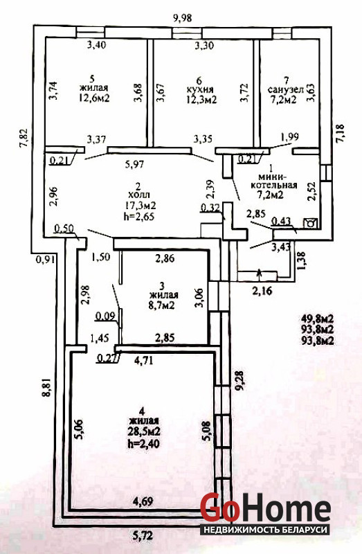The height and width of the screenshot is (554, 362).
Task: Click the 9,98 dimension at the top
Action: [183, 18]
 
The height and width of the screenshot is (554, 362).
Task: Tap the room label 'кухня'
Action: [200, 89]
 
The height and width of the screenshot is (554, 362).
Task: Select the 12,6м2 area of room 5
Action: [94, 98]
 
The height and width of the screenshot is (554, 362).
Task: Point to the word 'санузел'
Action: [286, 89]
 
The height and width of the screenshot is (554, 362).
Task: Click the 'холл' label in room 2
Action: [140, 195]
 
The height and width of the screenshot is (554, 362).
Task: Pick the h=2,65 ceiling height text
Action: [139, 217]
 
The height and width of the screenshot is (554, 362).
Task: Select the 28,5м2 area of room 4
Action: [145, 431]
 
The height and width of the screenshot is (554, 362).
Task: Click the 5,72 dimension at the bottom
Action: [143, 536]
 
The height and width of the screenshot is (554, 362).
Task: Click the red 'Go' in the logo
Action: [219, 507]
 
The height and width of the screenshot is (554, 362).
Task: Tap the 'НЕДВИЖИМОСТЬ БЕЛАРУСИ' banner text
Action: [264, 530]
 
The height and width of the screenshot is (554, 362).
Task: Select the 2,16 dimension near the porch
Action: [263, 292]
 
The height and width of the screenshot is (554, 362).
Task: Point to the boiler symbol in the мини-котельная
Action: [311, 223]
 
